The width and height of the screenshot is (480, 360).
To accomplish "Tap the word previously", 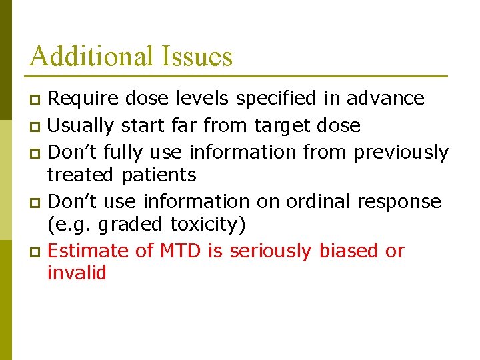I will (x=401, y=153).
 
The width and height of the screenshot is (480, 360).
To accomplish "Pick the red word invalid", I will (x=77, y=273).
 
